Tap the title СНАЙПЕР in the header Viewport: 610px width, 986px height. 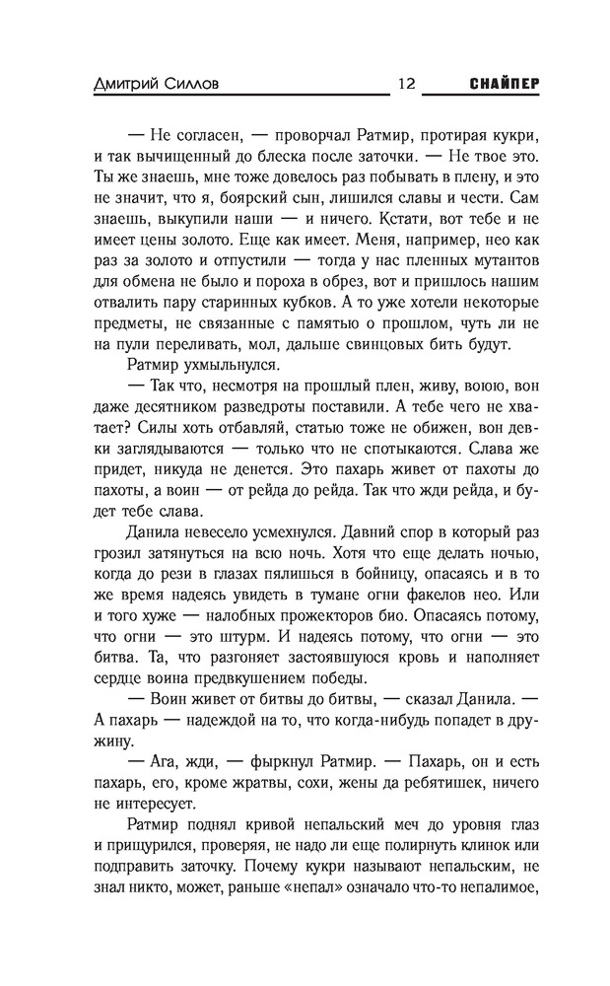(x=498, y=83)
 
